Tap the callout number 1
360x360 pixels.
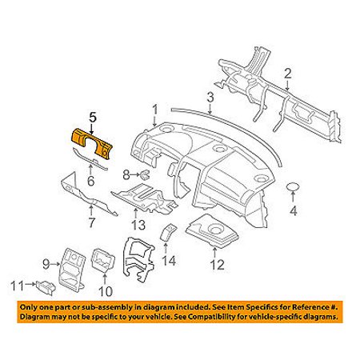[x=155, y=110]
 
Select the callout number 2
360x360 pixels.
[x=288, y=74]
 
